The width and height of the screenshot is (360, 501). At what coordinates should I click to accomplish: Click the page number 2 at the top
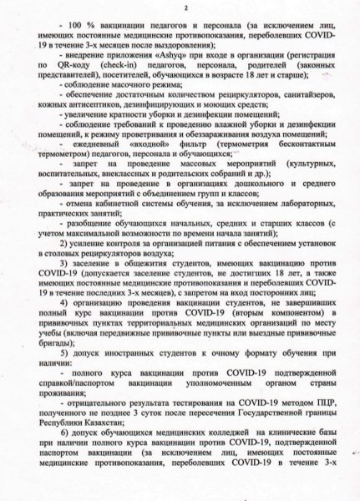tap(180, 8)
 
